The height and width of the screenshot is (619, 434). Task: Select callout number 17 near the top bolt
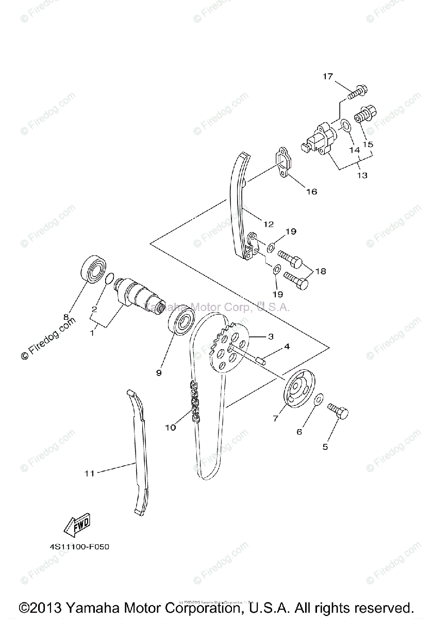click(328, 76)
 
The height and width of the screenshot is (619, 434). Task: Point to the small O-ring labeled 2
click(109, 280)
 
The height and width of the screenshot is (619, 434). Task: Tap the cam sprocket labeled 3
click(229, 345)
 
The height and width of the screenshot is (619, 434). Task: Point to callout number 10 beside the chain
click(171, 427)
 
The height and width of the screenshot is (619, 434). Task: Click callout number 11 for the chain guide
click(90, 473)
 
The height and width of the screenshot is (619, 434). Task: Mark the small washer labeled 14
click(345, 126)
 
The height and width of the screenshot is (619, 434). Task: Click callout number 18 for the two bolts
click(321, 270)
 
